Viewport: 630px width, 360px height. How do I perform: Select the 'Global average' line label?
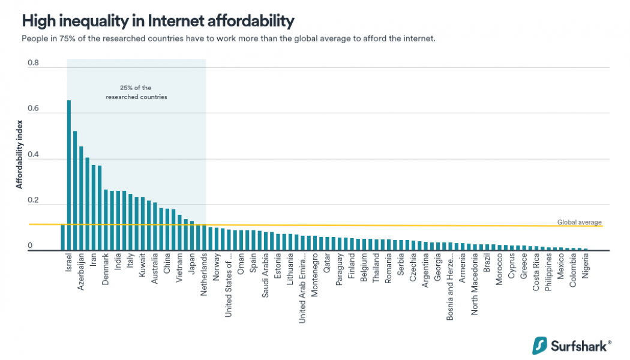(x=579, y=222)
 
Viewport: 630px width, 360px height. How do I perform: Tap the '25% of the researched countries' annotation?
(x=136, y=92)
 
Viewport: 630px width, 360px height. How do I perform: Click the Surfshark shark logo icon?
(x=540, y=345)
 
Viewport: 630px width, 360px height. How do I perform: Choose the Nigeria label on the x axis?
(x=586, y=267)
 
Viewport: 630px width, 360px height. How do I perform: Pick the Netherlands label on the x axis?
(x=204, y=275)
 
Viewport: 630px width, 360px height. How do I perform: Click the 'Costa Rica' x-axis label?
(x=536, y=273)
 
